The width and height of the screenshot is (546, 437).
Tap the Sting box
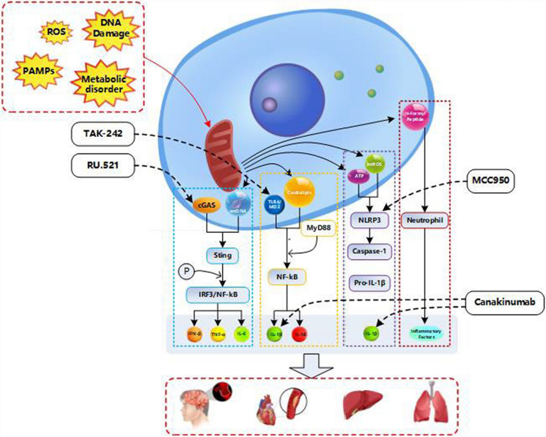click(x=217, y=255)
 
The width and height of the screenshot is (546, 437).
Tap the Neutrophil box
click(x=427, y=217)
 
